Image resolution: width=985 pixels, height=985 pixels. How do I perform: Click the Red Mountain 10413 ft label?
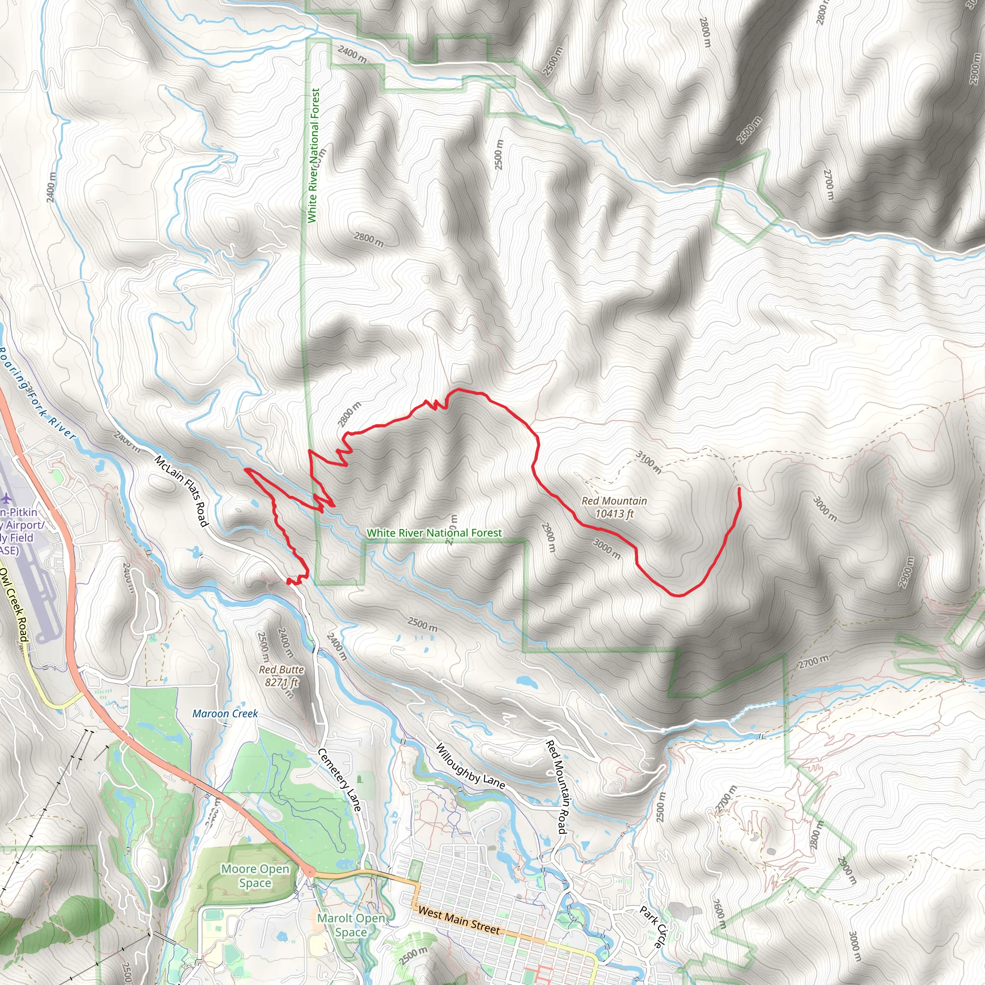pos(614,507)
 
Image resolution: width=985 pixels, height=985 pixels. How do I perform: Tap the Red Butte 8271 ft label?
pos(281,676)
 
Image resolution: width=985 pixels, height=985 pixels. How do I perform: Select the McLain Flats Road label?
pos(181,491)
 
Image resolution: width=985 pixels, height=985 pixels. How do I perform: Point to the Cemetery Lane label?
pos(340,780)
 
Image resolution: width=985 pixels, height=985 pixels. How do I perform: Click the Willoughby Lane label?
pos(470,766)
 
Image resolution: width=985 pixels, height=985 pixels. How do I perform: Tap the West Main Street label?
pos(459,920)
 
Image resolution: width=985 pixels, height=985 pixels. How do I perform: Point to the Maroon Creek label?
pos(225,714)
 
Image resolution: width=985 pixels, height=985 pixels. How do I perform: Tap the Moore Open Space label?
pos(255,876)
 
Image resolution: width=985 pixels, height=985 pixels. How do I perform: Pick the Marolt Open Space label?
pos(351,925)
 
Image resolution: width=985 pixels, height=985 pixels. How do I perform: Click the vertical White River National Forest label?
pos(314,155)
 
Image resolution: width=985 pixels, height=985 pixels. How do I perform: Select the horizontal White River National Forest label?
pos(434,533)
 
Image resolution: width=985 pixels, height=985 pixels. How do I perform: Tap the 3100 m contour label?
pos(648,462)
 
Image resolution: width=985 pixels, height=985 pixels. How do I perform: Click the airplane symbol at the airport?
pos(6,497)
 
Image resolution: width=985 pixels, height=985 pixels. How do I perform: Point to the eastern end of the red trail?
pos(739,489)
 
